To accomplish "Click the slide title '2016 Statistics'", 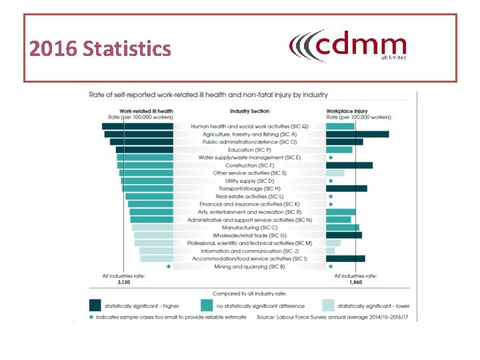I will [x=100, y=49].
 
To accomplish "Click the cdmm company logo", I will [x=347, y=46].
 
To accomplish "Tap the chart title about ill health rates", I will [x=209, y=95].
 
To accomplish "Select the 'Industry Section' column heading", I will [x=249, y=111].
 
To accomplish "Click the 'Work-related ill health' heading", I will [x=146, y=111].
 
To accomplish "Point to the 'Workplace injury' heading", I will [x=348, y=111].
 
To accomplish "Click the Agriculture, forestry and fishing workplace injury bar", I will [x=357, y=134].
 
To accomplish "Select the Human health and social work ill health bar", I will [x=137, y=126].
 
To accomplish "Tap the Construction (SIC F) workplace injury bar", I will [x=349, y=165].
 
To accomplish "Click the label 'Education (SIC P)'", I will [x=249, y=149].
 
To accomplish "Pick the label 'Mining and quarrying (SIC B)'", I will [x=249, y=266].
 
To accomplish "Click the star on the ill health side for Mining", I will [x=169, y=266].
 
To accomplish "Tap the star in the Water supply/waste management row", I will [x=331, y=157].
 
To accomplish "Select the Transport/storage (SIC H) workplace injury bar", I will [x=346, y=188].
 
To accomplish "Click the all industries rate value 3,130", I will [x=124, y=282].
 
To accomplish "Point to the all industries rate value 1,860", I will [x=357, y=282].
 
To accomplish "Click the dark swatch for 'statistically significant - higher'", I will [x=96, y=305].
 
